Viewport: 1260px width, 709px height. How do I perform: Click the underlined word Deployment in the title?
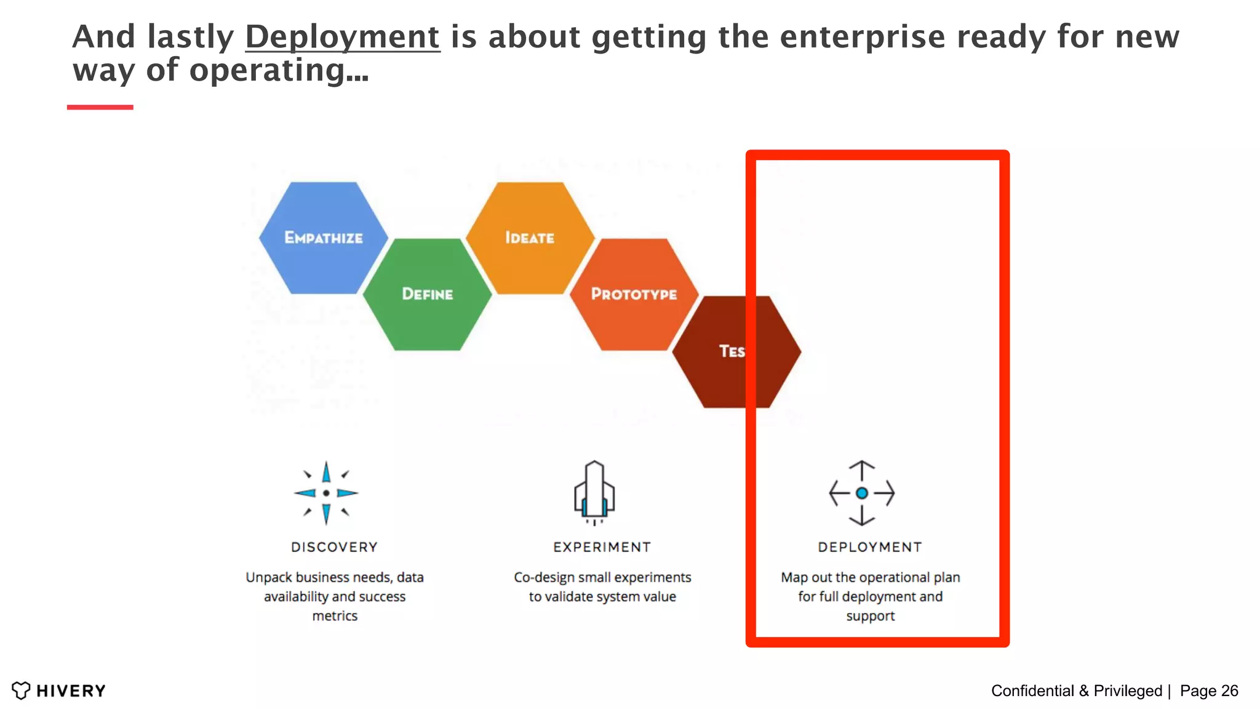[x=342, y=37]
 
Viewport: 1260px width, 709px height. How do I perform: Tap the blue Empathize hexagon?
[x=324, y=238]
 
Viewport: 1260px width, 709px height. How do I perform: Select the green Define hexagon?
[x=427, y=294]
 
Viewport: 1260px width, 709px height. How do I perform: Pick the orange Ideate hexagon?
[x=530, y=238]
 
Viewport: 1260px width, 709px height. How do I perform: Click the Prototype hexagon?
[x=634, y=294]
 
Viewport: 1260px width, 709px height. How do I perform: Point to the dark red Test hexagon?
[x=735, y=351]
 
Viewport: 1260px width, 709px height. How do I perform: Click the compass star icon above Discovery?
[x=326, y=493]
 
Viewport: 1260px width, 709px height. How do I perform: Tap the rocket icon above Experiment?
[x=594, y=492]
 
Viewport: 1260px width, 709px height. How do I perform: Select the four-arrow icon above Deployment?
[x=861, y=493]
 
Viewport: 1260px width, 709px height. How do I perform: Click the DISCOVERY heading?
[x=334, y=547]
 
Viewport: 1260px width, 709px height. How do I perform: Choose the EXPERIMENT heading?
[x=602, y=547]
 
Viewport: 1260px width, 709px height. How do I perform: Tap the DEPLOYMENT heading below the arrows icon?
[x=870, y=547]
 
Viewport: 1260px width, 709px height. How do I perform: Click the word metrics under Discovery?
[x=335, y=616]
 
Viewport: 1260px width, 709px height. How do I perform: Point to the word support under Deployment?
[x=870, y=616]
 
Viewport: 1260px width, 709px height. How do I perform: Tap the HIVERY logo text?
[x=71, y=691]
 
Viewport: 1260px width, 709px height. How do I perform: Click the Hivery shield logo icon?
[x=21, y=691]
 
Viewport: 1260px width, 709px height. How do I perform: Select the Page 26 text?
[x=1208, y=691]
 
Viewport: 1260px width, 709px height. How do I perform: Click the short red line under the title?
[x=100, y=107]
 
